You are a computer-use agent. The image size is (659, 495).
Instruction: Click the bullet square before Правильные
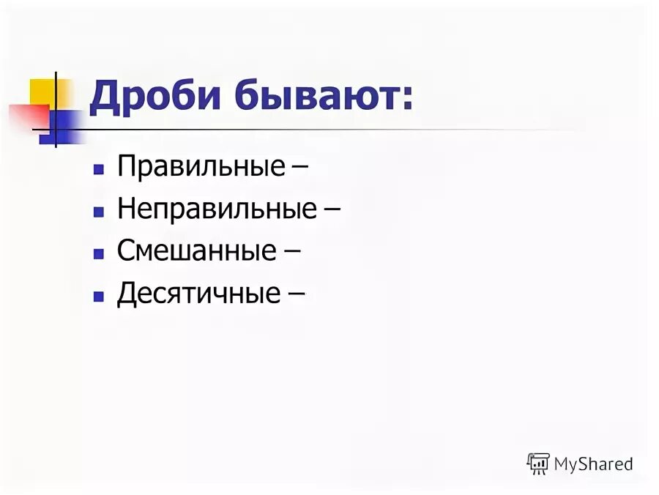pyautogui.click(x=97, y=169)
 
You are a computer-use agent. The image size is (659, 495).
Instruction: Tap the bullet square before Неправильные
pyautogui.click(x=97, y=212)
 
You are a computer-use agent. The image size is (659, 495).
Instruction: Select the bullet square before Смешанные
pyautogui.click(x=97, y=253)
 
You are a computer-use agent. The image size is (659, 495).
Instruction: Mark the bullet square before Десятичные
pyautogui.click(x=97, y=296)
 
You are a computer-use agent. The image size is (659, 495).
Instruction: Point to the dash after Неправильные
pyautogui.click(x=331, y=211)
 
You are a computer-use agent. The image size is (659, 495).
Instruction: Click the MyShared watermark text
pyautogui.click(x=593, y=464)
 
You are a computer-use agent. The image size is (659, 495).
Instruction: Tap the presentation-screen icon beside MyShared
pyautogui.click(x=538, y=464)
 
